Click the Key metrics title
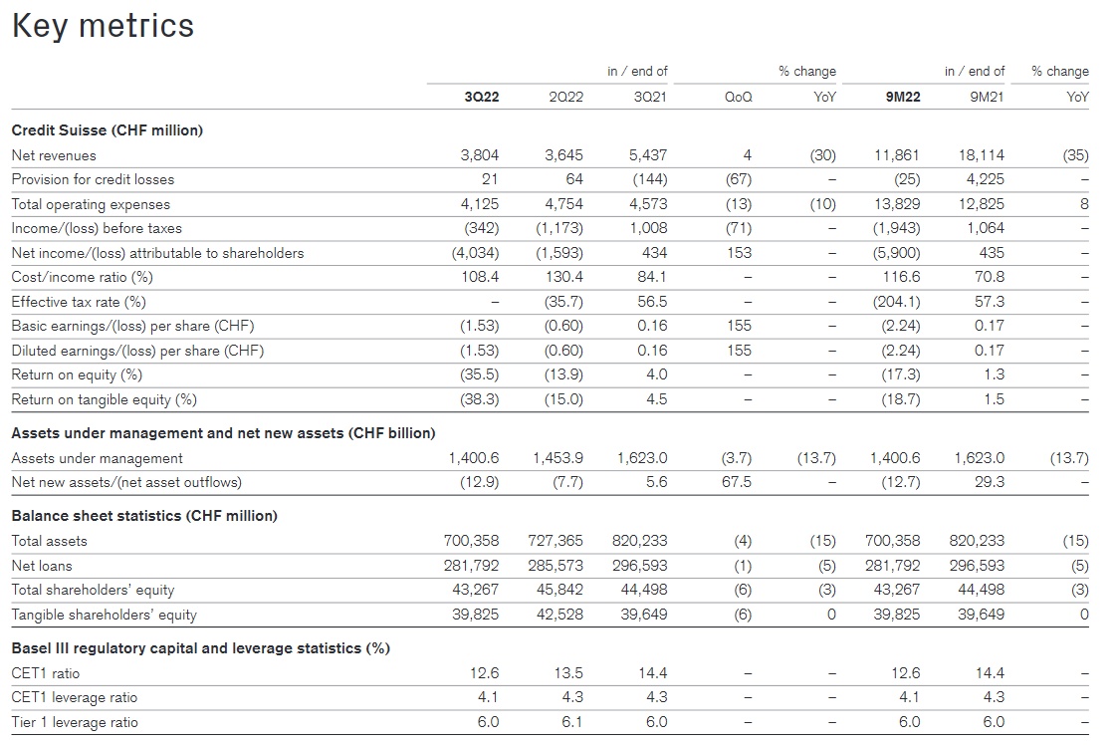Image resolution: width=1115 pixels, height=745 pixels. tap(103, 26)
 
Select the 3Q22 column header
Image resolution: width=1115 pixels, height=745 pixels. tap(481, 97)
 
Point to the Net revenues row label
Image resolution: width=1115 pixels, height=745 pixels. tap(54, 155)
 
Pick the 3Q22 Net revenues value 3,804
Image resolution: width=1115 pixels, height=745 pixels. tap(480, 155)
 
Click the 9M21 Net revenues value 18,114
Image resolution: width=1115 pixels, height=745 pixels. tap(982, 155)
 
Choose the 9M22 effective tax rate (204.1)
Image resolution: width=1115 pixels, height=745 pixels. tap(896, 302)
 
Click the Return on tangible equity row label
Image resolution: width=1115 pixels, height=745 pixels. tap(104, 399)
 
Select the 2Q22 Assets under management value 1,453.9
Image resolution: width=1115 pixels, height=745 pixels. tap(558, 458)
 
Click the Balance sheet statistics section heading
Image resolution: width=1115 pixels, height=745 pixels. tap(144, 516)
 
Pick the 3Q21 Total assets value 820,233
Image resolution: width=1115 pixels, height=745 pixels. tap(640, 541)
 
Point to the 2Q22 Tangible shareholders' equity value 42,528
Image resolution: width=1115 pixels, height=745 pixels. tap(556, 615)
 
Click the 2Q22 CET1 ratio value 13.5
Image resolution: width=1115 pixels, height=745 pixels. tap(567, 673)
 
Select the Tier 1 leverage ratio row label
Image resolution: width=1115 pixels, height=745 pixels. tap(75, 722)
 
